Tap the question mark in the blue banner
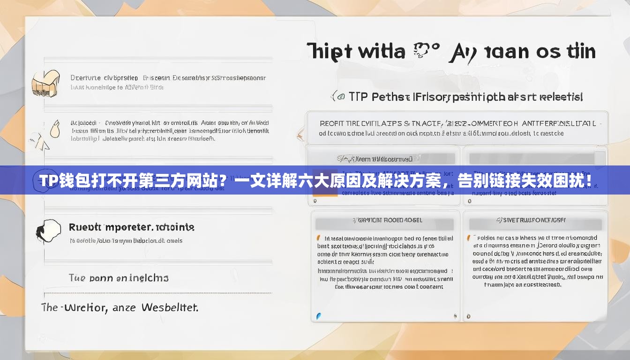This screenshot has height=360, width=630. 224,181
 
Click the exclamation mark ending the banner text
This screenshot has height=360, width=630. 588,180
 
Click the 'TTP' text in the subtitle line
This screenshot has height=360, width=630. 358,97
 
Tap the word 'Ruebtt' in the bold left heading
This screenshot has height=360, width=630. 85,227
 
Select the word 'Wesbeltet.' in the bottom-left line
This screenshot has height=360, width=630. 169,308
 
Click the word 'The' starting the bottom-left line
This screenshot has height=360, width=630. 50,308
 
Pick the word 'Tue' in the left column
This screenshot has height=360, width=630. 77,278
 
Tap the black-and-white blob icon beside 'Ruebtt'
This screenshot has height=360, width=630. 48,230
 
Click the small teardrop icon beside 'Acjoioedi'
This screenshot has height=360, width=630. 55,128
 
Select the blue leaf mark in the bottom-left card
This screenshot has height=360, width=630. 319,316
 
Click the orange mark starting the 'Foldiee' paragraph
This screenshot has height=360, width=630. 468,238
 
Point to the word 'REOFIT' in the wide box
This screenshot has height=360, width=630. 332,124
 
